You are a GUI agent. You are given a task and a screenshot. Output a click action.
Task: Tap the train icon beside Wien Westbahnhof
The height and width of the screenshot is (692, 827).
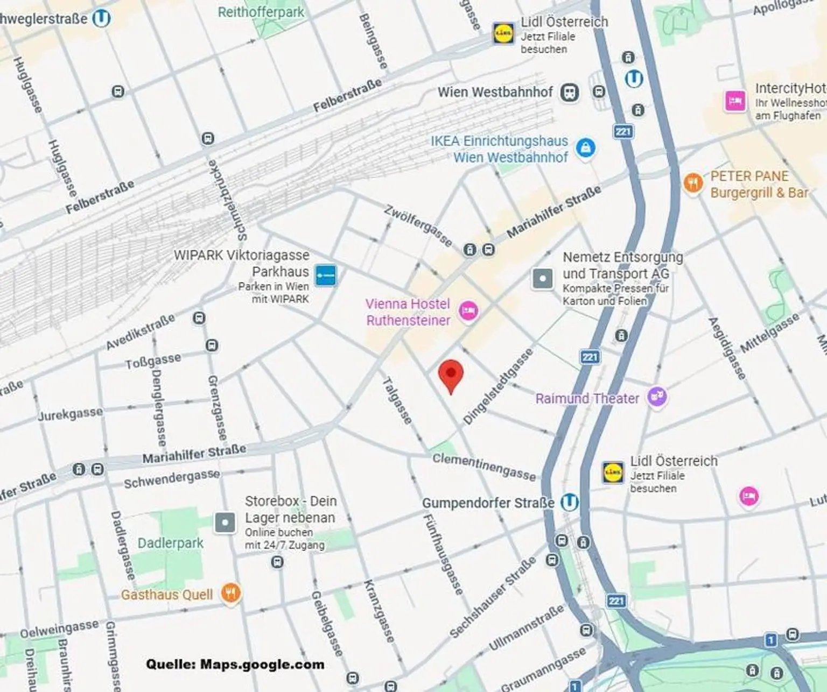pos(570,93)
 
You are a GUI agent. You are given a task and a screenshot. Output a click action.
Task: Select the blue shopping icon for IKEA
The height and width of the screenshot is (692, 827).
pos(585,147)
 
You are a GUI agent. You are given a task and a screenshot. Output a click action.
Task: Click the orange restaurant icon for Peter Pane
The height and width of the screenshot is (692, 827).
pos(693,183)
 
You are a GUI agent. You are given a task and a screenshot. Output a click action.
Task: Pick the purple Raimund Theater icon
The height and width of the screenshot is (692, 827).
pos(657,398)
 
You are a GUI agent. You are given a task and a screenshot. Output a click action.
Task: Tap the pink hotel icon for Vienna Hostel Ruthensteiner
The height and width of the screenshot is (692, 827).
pos(468,311)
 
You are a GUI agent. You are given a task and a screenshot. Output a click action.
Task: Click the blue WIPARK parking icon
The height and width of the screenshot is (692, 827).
pos(325,276)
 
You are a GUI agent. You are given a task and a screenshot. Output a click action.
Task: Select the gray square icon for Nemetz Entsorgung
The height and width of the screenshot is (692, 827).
pos(542,279)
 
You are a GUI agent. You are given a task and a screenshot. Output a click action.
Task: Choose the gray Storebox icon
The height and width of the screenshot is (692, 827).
pos(225,522)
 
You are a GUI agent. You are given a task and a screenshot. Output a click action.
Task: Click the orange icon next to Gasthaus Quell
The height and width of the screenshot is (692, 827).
pos(231,594)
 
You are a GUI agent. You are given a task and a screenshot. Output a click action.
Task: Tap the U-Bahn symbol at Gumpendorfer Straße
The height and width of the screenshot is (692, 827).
pos(569,502)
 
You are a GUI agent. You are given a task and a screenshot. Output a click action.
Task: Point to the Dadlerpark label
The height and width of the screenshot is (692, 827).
pos(171,543)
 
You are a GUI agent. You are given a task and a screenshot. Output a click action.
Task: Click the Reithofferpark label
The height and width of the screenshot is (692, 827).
pos(261,12)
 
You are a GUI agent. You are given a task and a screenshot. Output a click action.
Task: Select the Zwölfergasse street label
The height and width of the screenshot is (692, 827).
pos(418,225)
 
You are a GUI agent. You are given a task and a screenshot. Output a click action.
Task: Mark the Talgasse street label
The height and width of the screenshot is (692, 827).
pos(397,400)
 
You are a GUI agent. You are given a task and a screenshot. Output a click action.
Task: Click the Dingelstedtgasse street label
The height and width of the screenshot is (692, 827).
pos(498,386)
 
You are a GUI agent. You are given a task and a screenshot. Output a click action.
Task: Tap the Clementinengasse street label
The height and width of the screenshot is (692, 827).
pos(484,466)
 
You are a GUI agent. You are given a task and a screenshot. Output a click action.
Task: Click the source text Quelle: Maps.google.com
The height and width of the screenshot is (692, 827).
pos(235,665)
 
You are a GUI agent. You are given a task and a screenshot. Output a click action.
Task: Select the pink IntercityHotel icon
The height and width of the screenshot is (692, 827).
pos(735,101)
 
